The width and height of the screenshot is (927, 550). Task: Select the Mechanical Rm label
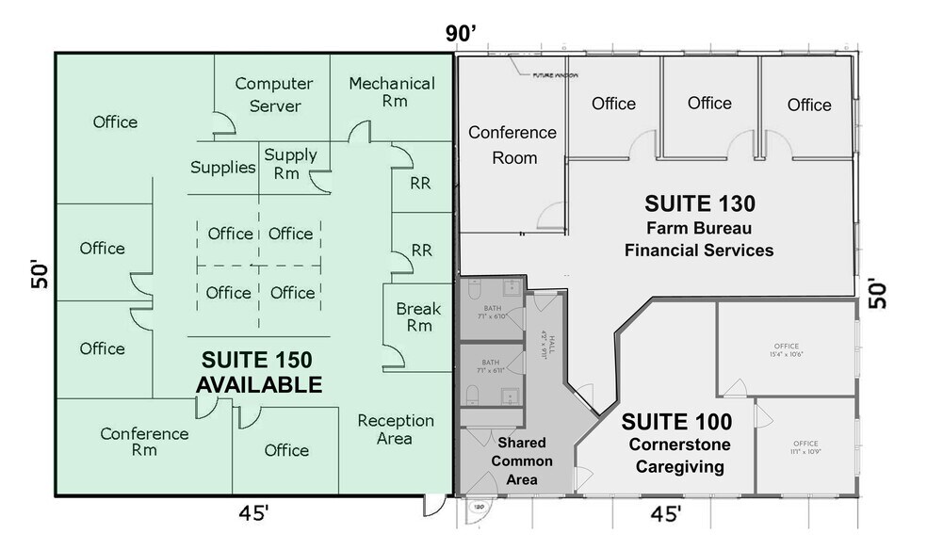click(x=392, y=91)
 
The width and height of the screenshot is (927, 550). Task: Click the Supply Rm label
click(x=290, y=164)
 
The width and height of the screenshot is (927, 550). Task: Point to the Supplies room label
click(x=223, y=168)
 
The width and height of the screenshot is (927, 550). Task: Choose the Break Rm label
click(x=413, y=316)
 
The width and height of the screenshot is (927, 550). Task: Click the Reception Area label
click(x=396, y=429)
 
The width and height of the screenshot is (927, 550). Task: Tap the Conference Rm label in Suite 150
click(x=144, y=443)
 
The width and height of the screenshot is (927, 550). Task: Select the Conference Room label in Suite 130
click(x=512, y=144)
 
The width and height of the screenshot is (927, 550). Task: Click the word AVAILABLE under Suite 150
click(x=259, y=384)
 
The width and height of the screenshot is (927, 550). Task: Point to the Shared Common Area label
click(x=522, y=461)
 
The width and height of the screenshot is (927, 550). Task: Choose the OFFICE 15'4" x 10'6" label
click(x=786, y=350)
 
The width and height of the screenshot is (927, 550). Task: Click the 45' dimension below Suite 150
click(x=253, y=514)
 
